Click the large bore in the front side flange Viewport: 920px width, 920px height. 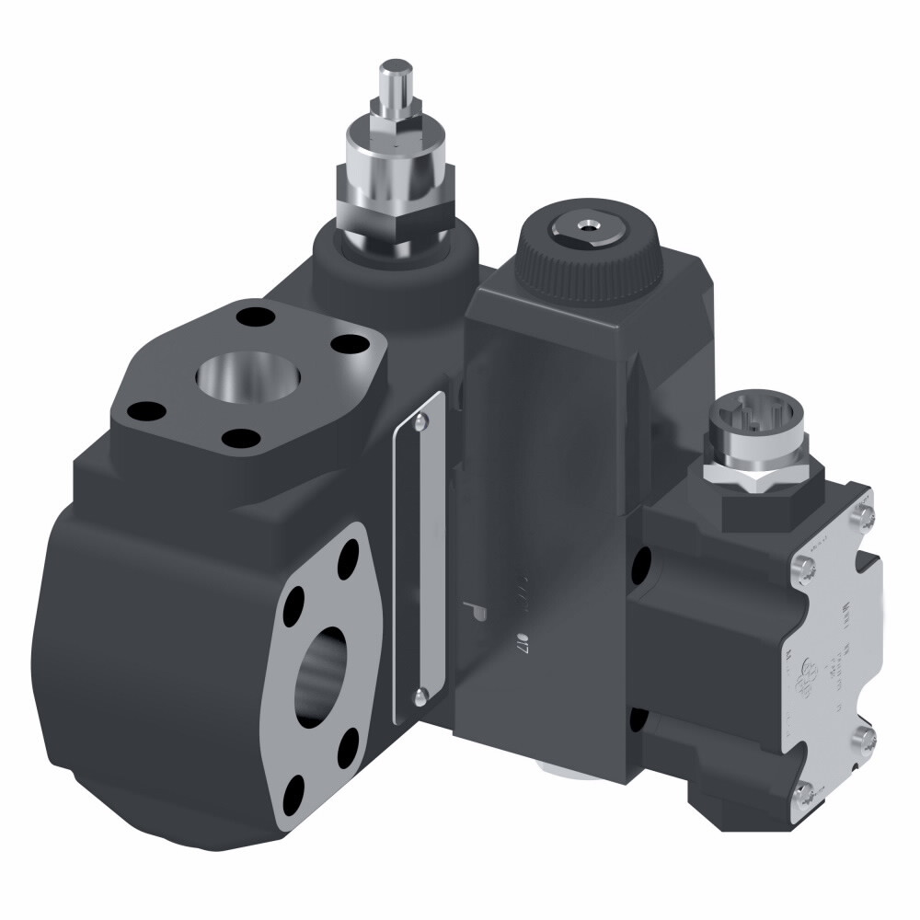[x=324, y=662]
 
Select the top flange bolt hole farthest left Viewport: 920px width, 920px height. [x=140, y=410]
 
